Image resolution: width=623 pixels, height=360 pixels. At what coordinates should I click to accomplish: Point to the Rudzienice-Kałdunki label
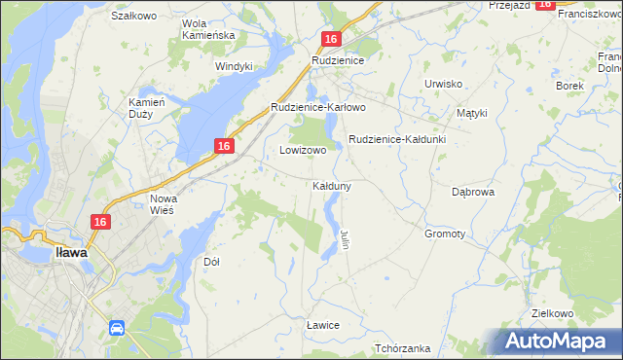(x=397, y=139)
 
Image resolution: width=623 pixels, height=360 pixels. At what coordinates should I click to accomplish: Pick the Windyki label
(x=234, y=66)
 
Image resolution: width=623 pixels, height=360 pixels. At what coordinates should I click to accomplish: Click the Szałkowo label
(x=134, y=16)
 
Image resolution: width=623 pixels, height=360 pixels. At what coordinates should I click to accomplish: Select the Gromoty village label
(x=445, y=234)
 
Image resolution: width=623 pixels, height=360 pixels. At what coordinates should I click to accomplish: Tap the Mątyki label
(x=471, y=113)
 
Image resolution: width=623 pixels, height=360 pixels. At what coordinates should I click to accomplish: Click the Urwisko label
(x=443, y=84)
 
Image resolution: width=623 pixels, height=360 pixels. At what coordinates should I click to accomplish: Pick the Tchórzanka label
(x=403, y=348)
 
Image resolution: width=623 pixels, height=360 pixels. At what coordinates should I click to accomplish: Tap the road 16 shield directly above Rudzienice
(x=331, y=39)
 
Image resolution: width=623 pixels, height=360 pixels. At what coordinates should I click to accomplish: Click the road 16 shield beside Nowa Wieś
(x=99, y=223)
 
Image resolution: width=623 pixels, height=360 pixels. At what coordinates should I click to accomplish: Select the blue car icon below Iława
(x=116, y=328)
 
